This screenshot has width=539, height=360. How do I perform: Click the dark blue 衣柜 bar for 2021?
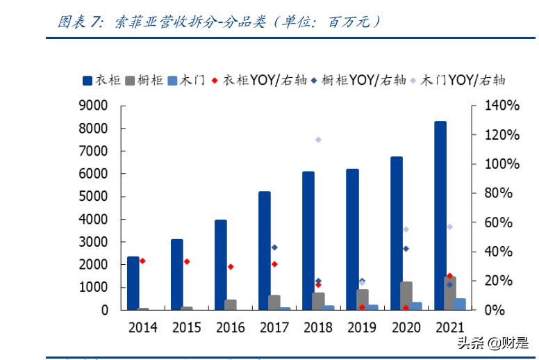(440, 215)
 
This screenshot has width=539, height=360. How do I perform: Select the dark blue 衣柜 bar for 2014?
(133, 283)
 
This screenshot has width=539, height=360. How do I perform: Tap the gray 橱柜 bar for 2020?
(406, 295)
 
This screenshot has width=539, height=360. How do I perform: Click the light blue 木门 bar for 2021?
(460, 304)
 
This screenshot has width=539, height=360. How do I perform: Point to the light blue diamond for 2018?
(318, 140)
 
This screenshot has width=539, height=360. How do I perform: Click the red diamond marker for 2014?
(142, 261)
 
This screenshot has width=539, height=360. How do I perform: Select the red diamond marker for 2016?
(231, 266)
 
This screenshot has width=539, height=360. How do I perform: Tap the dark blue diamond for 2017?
(274, 247)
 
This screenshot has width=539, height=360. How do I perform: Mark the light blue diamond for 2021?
(449, 227)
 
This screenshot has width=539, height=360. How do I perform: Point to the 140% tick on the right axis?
(501, 106)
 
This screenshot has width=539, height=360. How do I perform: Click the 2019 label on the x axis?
(362, 327)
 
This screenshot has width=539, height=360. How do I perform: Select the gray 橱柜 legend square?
(130, 80)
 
